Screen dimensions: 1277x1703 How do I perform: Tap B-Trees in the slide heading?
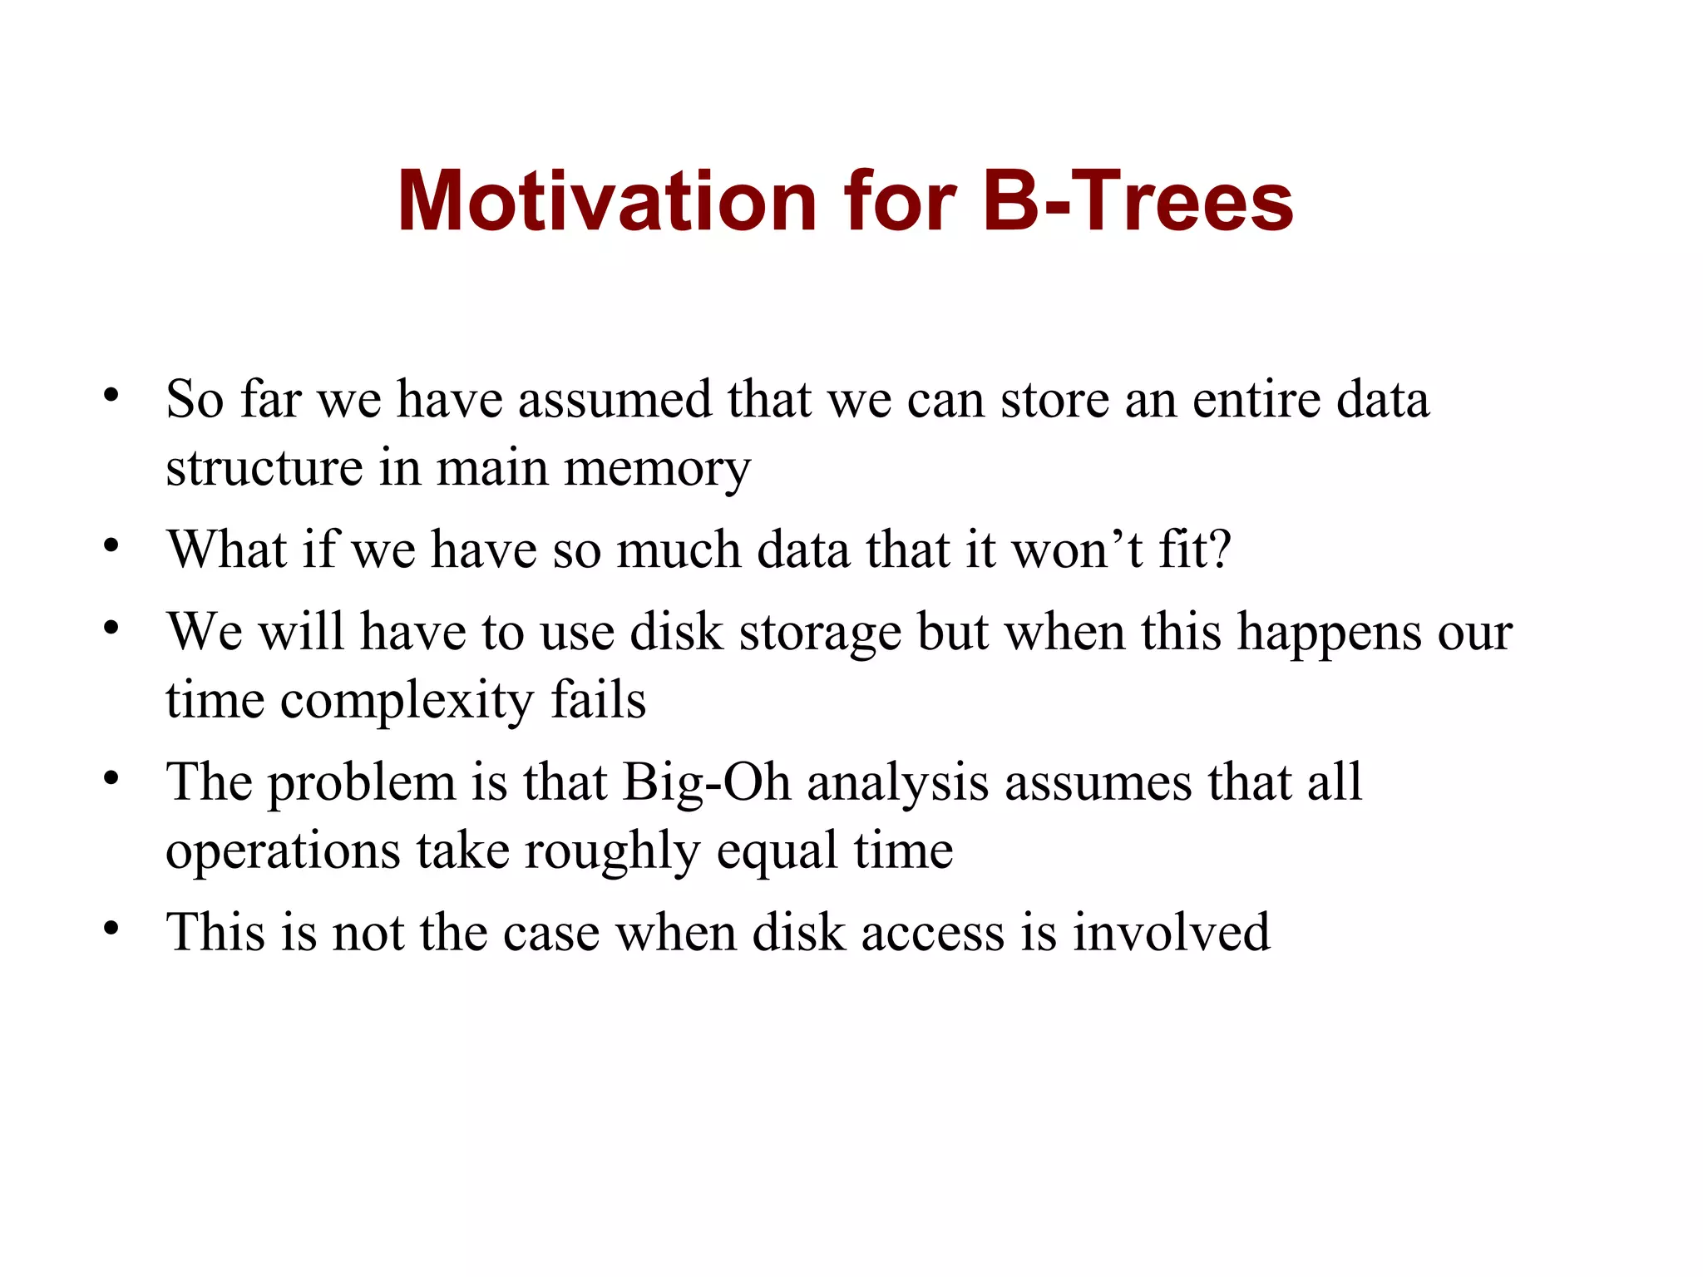pyautogui.click(x=1138, y=202)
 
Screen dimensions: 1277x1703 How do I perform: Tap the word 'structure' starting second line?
pyautogui.click(x=264, y=468)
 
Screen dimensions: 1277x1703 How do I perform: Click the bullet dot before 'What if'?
pyautogui.click(x=111, y=546)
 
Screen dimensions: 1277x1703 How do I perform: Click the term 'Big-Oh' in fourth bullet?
pyautogui.click(x=706, y=784)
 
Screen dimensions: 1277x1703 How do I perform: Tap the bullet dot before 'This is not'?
pyautogui.click(x=111, y=928)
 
